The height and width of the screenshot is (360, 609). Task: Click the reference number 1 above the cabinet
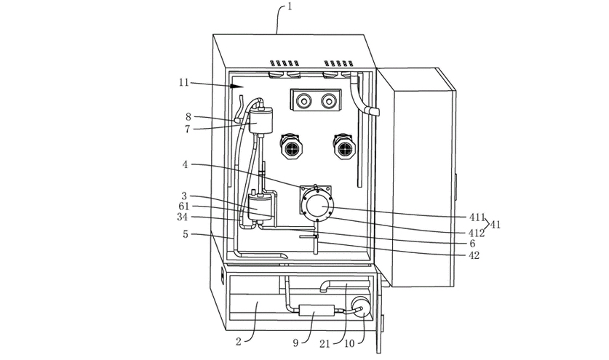coord(290,7)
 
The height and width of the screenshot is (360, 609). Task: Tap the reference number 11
coord(183,83)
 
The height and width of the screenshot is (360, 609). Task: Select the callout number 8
coord(188,116)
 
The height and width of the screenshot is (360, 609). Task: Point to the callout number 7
coord(188,129)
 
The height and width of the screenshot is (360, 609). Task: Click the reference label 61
coord(184,206)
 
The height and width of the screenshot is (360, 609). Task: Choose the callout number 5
coord(186,234)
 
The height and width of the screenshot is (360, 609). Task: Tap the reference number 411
coord(477,217)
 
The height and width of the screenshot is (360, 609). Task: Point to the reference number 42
coord(474,255)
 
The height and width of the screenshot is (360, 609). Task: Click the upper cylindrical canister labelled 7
coord(263,117)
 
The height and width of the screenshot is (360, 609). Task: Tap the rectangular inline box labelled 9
coord(314,311)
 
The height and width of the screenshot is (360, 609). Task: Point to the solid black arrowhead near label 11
coord(236,86)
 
